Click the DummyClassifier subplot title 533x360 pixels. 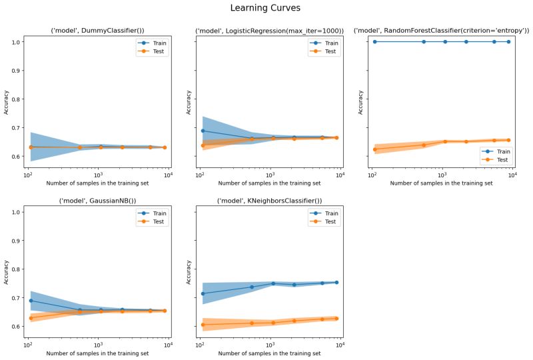97,31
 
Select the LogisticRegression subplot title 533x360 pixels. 270,31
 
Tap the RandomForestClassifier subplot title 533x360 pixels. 442,31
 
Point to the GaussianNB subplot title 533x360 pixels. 97,201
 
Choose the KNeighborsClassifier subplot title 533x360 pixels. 270,201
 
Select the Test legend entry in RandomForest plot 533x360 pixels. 499,160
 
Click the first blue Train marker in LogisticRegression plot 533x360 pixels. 203,131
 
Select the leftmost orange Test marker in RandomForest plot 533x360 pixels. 374,149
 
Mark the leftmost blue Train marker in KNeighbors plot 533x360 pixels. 203,293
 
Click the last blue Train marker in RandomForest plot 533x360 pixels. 508,41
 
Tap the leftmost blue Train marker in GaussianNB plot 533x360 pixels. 31,301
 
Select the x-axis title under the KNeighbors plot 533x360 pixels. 270,353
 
